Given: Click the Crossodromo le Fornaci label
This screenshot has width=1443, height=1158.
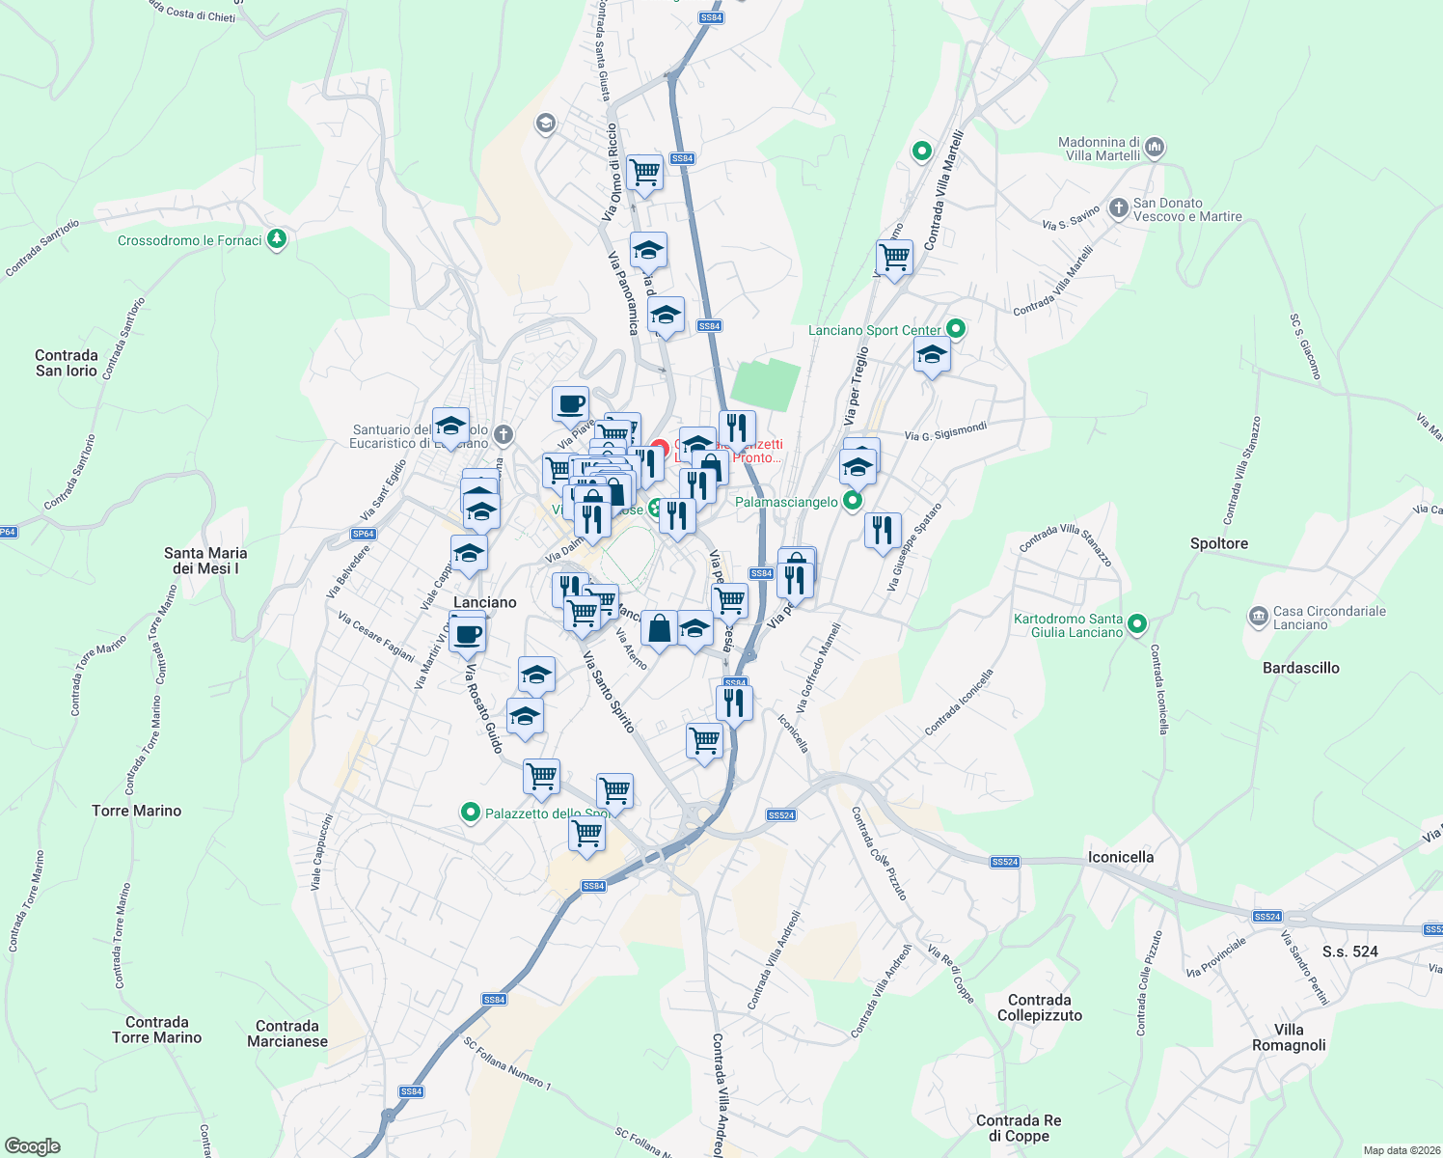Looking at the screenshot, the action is pos(189,240).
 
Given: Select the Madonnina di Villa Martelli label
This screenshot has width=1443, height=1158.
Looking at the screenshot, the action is pos(1099,149).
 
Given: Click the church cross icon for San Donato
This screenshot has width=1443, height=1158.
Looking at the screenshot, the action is pos(1118,207).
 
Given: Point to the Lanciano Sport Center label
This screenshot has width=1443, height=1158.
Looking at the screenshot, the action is pos(874,330).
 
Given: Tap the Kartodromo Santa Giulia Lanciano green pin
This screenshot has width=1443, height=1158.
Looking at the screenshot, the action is pos(1137,624).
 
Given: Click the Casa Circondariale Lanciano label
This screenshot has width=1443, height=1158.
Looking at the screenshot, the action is pos(1329,618).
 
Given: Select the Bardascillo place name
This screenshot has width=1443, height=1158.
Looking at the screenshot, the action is pos(1300,668).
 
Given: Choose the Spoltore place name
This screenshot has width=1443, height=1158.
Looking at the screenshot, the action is pos(1218,543).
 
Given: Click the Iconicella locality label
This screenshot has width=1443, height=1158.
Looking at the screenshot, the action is pos(1120,857).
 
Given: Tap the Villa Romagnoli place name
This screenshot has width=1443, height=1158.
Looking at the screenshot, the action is pos(1289,1037).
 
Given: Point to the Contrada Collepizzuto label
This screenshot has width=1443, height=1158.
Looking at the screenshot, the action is pos(1039,1007).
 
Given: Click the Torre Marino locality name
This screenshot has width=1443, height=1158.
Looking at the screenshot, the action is pos(136,811).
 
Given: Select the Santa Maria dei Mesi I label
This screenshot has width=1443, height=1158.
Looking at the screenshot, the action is pos(205,561).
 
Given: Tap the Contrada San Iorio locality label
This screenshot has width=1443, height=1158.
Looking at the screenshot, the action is pos(67,363).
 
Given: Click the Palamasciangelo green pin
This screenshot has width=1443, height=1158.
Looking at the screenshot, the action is pos(852,501).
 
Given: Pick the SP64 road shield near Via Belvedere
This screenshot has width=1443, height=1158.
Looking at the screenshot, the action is pos(363,534).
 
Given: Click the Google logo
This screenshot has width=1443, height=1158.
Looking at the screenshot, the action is pos(32,1146).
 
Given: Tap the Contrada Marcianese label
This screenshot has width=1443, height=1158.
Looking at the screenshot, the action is pos(287,1034).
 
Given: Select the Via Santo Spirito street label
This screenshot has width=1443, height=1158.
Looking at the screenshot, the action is pos(609,691).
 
